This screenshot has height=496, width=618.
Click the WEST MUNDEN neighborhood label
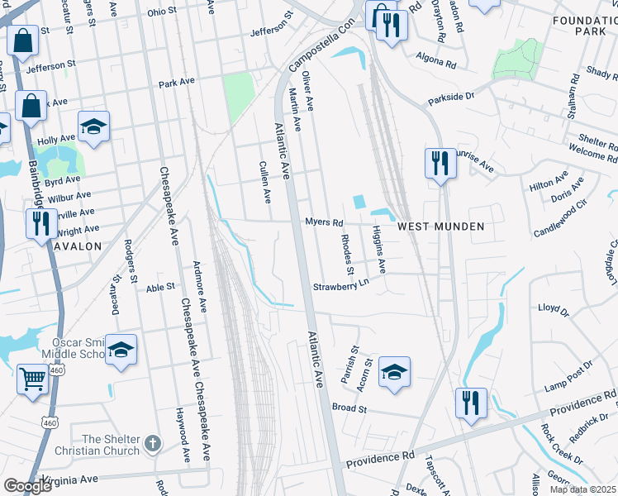point(440,226)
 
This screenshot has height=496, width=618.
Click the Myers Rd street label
point(323,222)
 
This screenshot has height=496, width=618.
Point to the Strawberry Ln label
point(339,287)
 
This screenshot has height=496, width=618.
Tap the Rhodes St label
point(347,255)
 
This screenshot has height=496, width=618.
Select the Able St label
point(161,287)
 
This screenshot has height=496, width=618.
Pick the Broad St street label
point(349,408)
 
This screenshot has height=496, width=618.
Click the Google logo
point(26,486)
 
